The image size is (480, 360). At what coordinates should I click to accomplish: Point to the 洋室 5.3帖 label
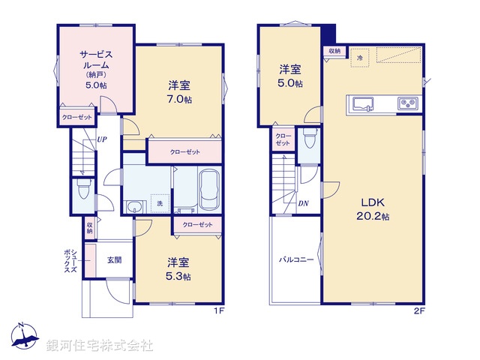pyautogui.click(x=178, y=268)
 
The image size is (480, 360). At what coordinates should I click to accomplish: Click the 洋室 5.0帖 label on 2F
pyautogui.click(x=291, y=76)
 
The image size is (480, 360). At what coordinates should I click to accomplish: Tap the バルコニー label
pyautogui.click(x=296, y=259)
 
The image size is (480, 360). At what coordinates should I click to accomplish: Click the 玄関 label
pyautogui.click(x=114, y=260)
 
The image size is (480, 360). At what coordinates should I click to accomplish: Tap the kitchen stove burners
pyautogui.click(x=408, y=103)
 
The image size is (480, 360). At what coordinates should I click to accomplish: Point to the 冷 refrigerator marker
pyautogui.click(x=360, y=58)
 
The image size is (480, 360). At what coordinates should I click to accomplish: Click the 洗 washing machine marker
pyautogui.click(x=159, y=203)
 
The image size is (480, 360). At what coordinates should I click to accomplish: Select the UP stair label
pyautogui.click(x=101, y=139)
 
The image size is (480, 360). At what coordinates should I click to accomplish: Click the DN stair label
pyautogui.click(x=303, y=203)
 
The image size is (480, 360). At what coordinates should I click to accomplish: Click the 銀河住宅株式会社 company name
pyautogui.click(x=100, y=346)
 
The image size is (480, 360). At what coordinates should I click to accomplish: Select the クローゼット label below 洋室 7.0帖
pyautogui.click(x=184, y=152)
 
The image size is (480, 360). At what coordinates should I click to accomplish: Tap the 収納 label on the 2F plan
pyautogui.click(x=334, y=51)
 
